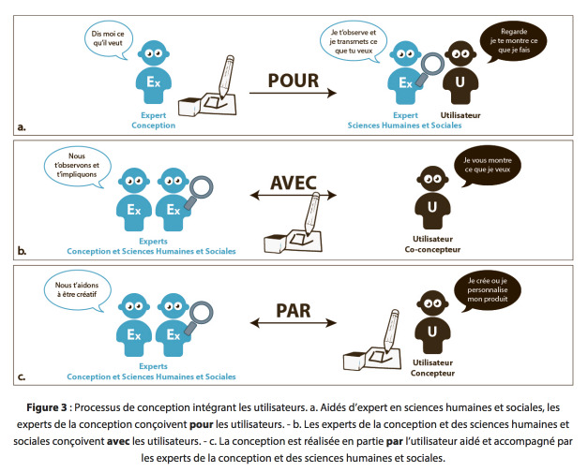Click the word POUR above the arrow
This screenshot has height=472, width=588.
(x=294, y=81)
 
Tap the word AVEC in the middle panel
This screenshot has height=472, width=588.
(x=294, y=183)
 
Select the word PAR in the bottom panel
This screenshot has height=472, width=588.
(x=294, y=311)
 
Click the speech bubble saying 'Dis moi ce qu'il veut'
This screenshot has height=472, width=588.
(x=108, y=39)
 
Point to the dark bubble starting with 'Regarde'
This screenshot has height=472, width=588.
(x=513, y=41)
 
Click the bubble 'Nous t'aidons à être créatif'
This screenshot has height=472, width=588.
(x=78, y=290)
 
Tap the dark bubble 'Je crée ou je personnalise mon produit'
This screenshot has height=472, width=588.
(x=487, y=290)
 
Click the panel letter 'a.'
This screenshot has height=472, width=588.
(x=22, y=127)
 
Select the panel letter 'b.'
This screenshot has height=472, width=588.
(x=23, y=251)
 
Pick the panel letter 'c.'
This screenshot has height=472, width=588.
(x=22, y=376)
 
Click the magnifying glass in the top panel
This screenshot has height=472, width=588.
(x=430, y=68)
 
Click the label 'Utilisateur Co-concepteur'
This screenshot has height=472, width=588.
(x=432, y=244)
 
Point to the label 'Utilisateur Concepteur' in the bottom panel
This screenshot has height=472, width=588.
(x=432, y=368)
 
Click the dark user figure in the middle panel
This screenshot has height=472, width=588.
(x=432, y=198)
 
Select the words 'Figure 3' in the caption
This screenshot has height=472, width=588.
(x=47, y=407)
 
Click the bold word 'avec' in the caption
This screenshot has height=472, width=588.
(x=118, y=441)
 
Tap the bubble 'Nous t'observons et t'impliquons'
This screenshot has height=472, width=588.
(x=77, y=166)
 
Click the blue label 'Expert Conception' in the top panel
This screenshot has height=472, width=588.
(x=154, y=120)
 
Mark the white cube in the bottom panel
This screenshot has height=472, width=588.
(x=354, y=361)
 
